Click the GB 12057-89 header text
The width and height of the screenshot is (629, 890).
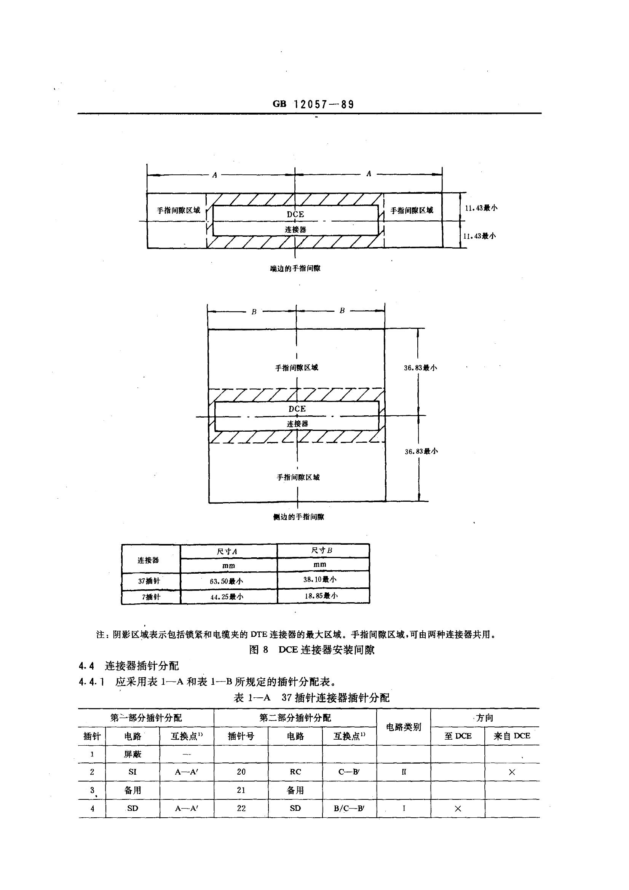[313, 104]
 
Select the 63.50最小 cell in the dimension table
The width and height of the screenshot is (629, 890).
[227, 581]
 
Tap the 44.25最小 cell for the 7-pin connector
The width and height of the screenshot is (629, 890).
[227, 597]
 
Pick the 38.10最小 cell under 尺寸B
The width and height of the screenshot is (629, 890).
[320, 579]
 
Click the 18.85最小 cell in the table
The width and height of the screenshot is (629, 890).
[321, 596]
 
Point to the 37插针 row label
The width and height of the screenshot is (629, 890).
[149, 581]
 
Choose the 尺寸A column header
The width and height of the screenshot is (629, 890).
[227, 551]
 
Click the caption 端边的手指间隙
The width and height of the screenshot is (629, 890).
[295, 268]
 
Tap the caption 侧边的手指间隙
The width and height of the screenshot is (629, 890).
[298, 517]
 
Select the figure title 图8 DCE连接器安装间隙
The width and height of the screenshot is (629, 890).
[312, 650]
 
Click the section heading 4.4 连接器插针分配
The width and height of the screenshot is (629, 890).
[129, 666]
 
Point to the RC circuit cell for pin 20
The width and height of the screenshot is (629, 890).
[295, 772]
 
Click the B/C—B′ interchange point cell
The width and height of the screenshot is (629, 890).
[349, 808]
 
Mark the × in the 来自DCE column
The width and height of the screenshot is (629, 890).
[511, 772]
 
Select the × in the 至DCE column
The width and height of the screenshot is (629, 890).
[458, 809]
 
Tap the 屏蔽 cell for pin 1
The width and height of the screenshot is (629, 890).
[133, 754]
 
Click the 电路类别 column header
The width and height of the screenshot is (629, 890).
[403, 727]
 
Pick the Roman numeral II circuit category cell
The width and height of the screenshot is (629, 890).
[404, 772]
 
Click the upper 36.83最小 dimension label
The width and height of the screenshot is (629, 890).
[420, 368]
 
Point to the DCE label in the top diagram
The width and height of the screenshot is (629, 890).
[295, 214]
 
